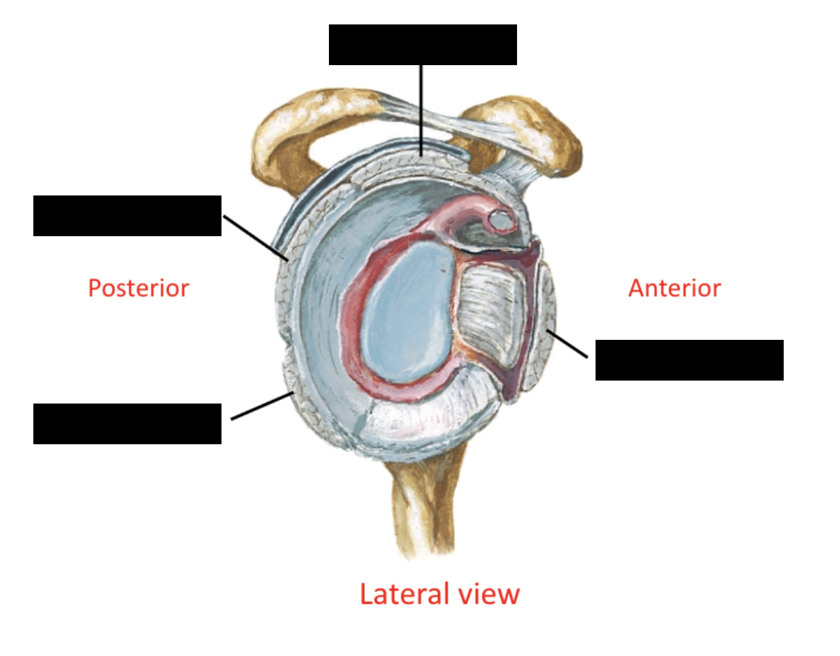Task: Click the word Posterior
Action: pyautogui.click(x=139, y=287)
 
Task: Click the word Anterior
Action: pyautogui.click(x=674, y=287)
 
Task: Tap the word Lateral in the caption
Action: pyautogui.click(x=404, y=594)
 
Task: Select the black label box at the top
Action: pyautogui.click(x=422, y=44)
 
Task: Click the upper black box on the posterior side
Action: pyautogui.click(x=127, y=215)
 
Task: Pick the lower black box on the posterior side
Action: pyautogui.click(x=127, y=424)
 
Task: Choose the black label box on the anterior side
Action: pyautogui.click(x=689, y=360)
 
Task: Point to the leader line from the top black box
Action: pyautogui.click(x=421, y=111)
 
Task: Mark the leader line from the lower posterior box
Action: pyautogui.click(x=261, y=406)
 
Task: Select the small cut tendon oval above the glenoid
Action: pyautogui.click(x=501, y=219)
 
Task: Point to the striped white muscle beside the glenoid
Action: pyautogui.click(x=493, y=311)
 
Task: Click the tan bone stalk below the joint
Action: pyautogui.click(x=422, y=511)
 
